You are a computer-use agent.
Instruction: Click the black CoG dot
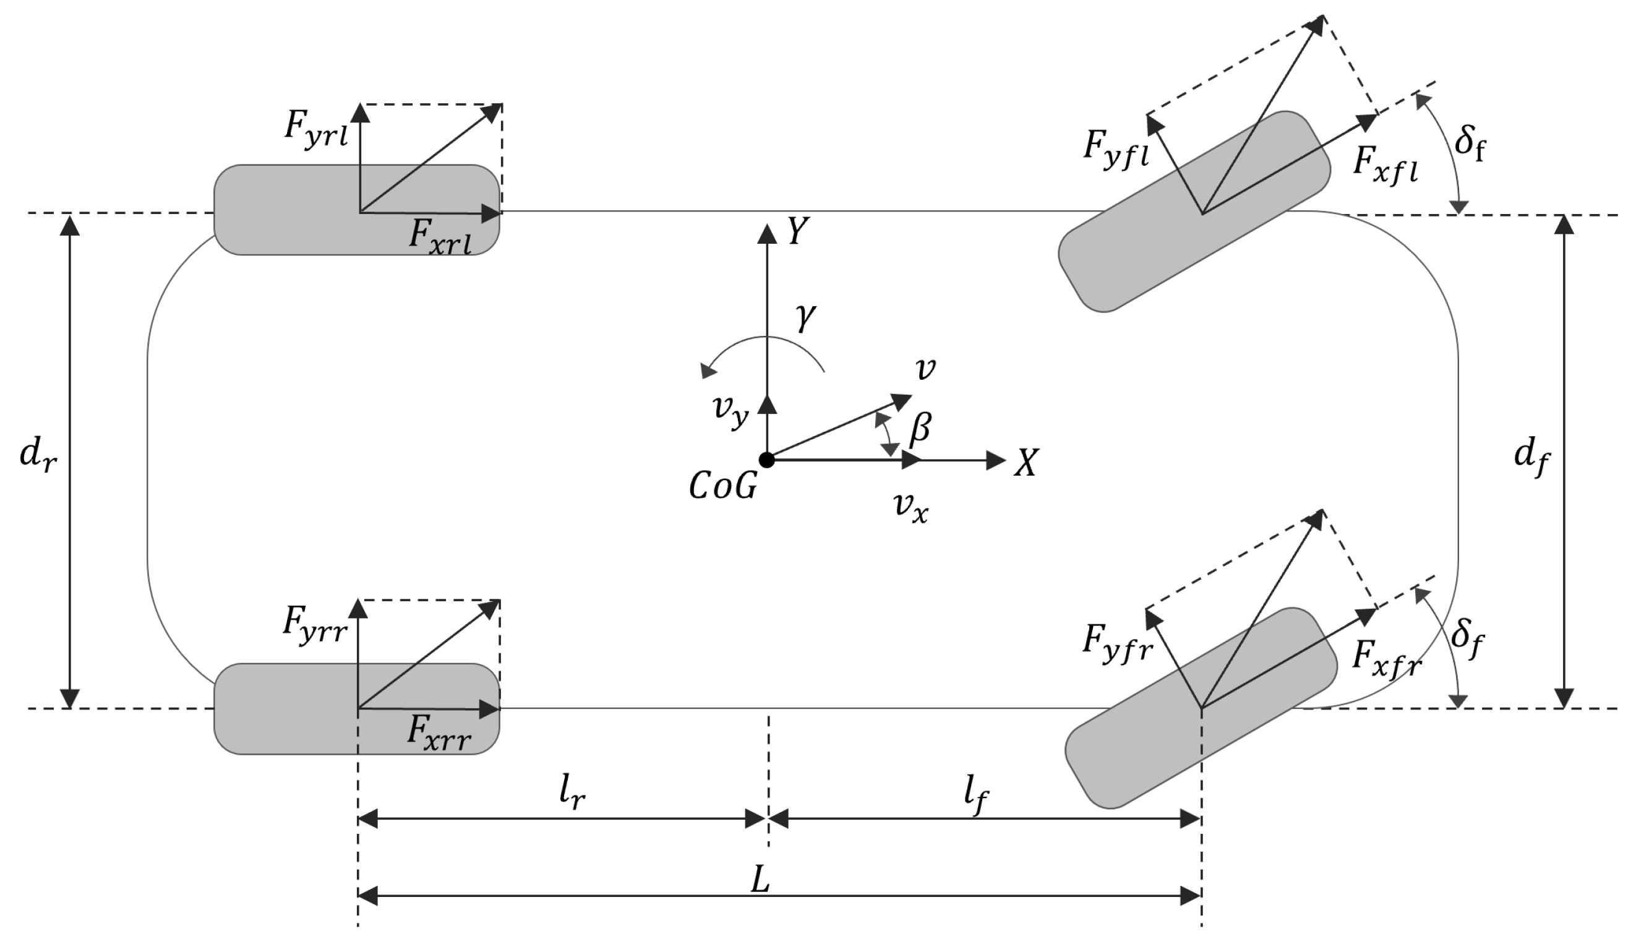point(767,460)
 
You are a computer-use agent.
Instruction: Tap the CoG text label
point(722,486)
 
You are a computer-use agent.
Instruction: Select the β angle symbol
point(920,429)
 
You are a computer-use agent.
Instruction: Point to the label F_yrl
point(316,129)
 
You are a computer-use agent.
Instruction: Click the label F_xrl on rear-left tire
point(440,237)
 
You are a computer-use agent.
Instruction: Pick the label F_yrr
point(315,624)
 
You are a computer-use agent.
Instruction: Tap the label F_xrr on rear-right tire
point(439,733)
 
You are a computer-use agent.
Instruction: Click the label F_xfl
point(1385,165)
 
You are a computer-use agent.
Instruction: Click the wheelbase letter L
point(760,880)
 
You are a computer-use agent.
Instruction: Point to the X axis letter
point(1026,463)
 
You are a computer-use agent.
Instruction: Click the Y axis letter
point(799,231)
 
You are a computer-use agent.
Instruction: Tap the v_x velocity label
point(910,507)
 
